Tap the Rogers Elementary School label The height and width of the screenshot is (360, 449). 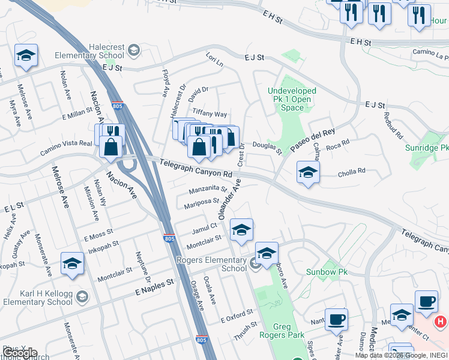[x=211, y=264]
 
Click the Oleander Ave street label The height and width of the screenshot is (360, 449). [x=229, y=199]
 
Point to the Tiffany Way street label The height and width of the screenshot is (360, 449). [x=209, y=114]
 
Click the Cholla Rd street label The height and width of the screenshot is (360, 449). [x=352, y=171]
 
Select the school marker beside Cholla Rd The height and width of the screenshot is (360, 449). [x=308, y=172]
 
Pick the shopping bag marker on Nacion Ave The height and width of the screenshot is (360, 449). [x=111, y=147]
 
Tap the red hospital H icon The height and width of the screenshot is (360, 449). [x=440, y=322]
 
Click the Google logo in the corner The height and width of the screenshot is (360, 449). [x=20, y=353]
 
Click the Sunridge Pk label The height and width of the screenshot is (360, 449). [x=427, y=148]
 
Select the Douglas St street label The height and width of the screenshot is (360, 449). [x=267, y=146]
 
